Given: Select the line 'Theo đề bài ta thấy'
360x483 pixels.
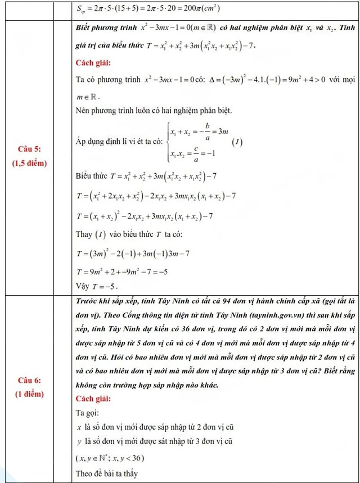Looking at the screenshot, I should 107,473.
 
